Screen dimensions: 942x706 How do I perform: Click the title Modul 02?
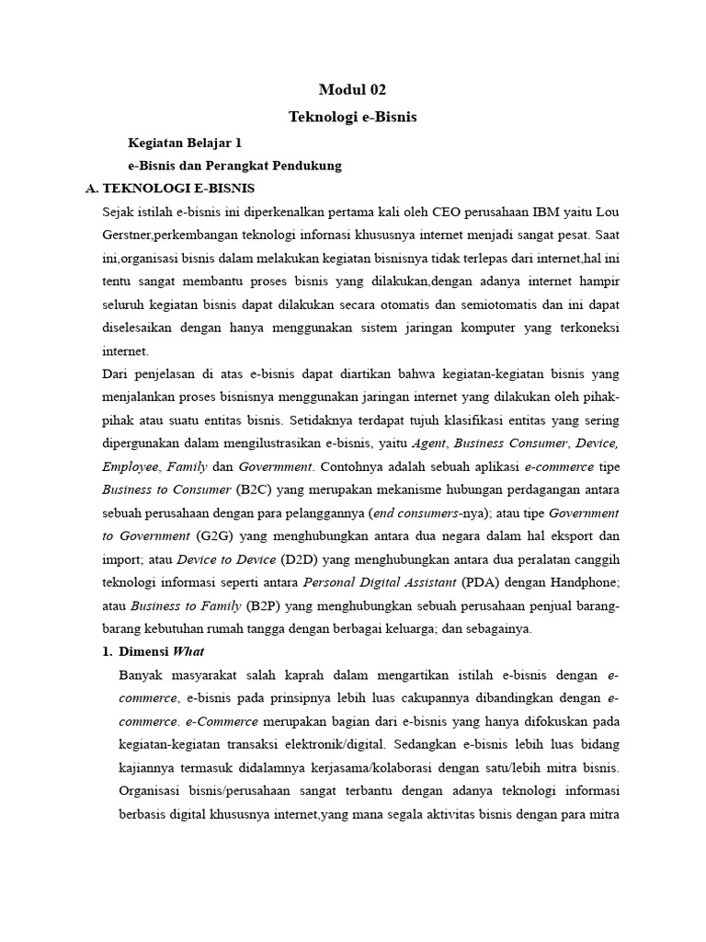click(352, 89)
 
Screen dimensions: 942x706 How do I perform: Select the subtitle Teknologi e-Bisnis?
click(352, 117)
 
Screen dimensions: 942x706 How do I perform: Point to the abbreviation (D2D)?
click(301, 559)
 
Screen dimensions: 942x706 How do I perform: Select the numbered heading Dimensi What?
click(166, 651)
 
